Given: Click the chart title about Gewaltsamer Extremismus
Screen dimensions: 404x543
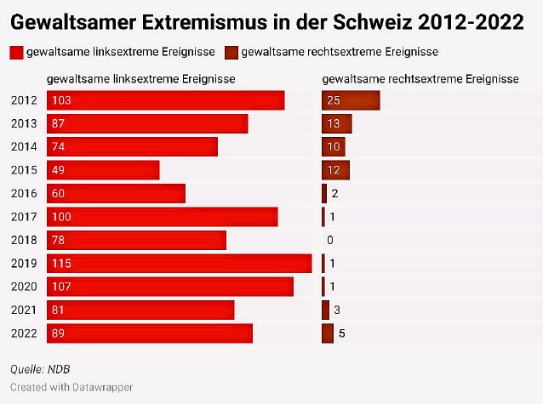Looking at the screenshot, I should tap(266, 21).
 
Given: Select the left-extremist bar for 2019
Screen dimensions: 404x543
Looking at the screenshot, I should tap(180, 263).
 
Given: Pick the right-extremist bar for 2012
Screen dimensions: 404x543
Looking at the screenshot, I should tap(351, 100).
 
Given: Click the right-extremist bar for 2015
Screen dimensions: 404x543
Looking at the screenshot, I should tap(335, 170).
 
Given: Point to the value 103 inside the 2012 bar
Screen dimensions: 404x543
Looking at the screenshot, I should tap(62, 100).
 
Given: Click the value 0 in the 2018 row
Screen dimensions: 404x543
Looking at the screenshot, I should tap(330, 240).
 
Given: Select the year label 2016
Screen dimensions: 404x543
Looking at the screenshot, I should tap(24, 194).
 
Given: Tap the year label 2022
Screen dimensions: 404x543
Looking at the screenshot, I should tap(24, 333).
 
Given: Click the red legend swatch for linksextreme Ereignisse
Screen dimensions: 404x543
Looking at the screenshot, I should tap(16, 53).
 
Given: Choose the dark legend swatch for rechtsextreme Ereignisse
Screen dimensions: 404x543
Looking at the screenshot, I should tap(231, 53).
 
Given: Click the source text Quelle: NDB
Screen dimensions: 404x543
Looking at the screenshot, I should tap(40, 369).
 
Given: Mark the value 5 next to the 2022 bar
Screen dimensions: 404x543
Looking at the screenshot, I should tap(341, 333).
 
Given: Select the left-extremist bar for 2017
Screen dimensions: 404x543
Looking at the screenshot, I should tap(163, 217).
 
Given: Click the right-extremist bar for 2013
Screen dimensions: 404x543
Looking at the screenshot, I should tap(337, 123).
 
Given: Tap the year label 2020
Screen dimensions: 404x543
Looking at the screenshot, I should tap(24, 287).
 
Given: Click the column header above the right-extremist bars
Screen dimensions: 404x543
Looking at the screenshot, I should tap(420, 79).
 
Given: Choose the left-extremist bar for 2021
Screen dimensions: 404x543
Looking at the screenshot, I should tap(140, 310).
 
